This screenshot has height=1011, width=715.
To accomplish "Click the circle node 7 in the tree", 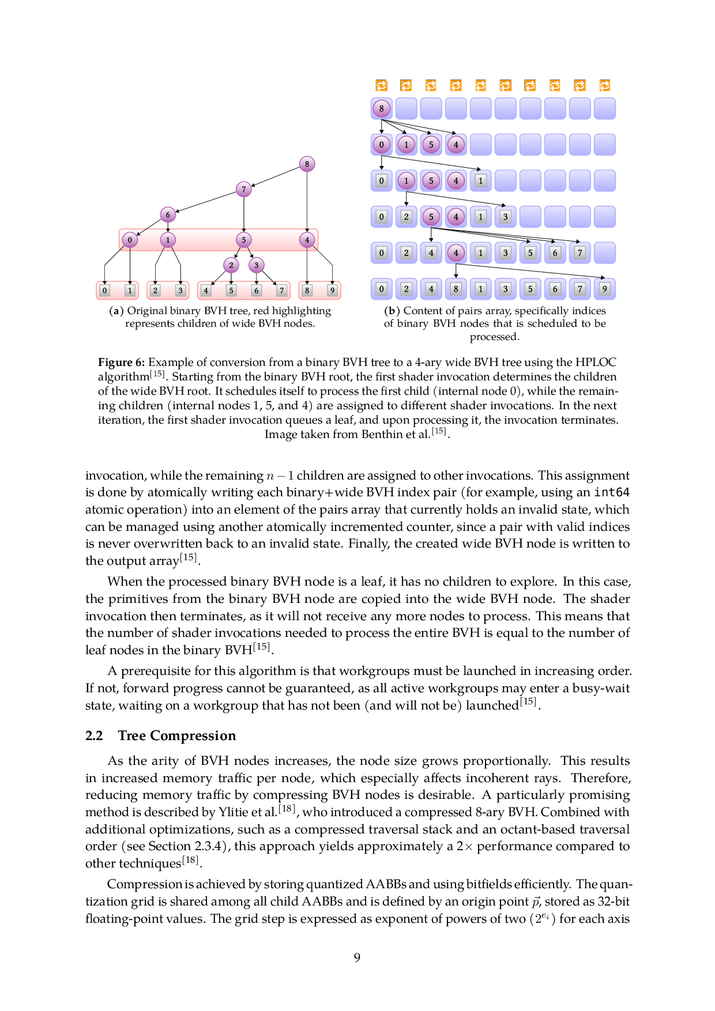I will [244, 189].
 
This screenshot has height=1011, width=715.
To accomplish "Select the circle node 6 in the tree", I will [168, 215].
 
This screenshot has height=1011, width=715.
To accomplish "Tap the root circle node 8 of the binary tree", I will [307, 164].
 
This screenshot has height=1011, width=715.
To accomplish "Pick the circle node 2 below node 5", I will [231, 265].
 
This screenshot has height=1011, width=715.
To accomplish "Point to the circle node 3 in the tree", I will [257, 265].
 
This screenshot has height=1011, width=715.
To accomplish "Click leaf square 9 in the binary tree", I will [332, 291].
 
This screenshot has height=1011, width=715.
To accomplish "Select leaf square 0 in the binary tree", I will [104, 291].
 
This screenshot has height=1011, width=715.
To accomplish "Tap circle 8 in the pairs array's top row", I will [381, 108].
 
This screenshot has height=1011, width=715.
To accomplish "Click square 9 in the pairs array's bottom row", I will [604, 289].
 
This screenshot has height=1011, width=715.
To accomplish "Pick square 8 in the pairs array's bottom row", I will [456, 289].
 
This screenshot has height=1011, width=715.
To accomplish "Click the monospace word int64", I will [612, 493].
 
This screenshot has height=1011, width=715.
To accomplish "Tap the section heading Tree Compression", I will [177, 736].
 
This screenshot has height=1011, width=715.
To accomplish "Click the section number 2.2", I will [94, 736].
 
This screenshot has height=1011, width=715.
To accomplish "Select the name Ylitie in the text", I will [234, 812].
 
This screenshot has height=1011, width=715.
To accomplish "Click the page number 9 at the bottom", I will [357, 958].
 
